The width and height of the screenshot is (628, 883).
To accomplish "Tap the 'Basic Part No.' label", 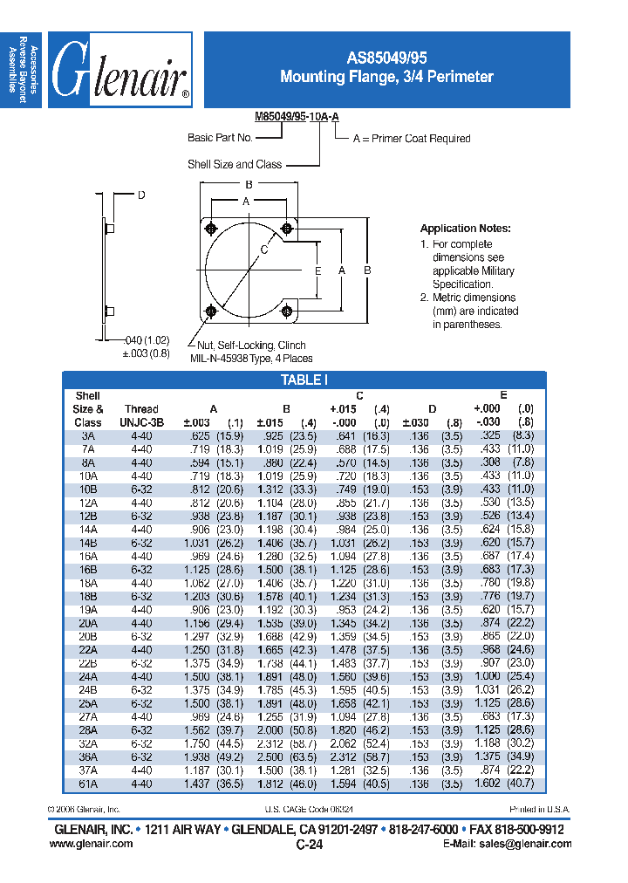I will (x=220, y=138).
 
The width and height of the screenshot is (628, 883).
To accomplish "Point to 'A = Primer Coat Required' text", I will (x=411, y=139).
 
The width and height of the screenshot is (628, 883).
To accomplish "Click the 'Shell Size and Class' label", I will (x=235, y=164).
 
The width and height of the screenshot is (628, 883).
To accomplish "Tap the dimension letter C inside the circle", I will (x=263, y=250).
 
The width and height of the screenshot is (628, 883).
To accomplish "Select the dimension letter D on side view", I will (x=140, y=195).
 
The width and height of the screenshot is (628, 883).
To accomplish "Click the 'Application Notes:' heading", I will (x=465, y=229).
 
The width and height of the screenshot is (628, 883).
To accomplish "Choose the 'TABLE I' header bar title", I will (x=304, y=380).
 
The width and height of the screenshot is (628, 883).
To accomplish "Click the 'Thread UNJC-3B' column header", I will (x=141, y=415).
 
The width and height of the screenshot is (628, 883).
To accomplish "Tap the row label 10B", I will (x=88, y=489).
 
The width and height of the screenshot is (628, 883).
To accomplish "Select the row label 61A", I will (x=88, y=784).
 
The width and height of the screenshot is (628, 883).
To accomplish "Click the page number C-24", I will (x=310, y=845).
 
